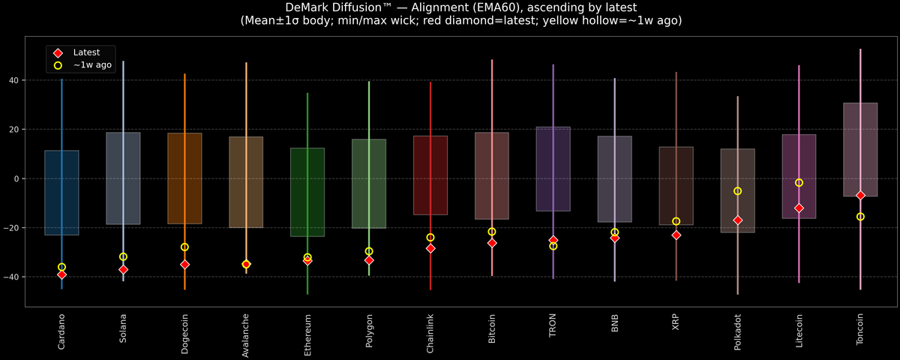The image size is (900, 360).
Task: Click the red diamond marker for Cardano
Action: (x=61, y=274)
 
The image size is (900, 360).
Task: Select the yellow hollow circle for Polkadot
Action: (x=737, y=191)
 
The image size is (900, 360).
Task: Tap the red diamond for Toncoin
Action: (x=860, y=195)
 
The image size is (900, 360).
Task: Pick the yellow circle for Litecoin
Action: (x=799, y=183)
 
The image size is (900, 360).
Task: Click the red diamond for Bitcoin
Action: (x=492, y=243)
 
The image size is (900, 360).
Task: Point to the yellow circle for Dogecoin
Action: (x=184, y=247)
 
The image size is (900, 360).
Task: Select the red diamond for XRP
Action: (x=676, y=235)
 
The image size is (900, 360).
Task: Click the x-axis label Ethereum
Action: (x=307, y=335)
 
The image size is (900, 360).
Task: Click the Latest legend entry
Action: (x=85, y=52)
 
